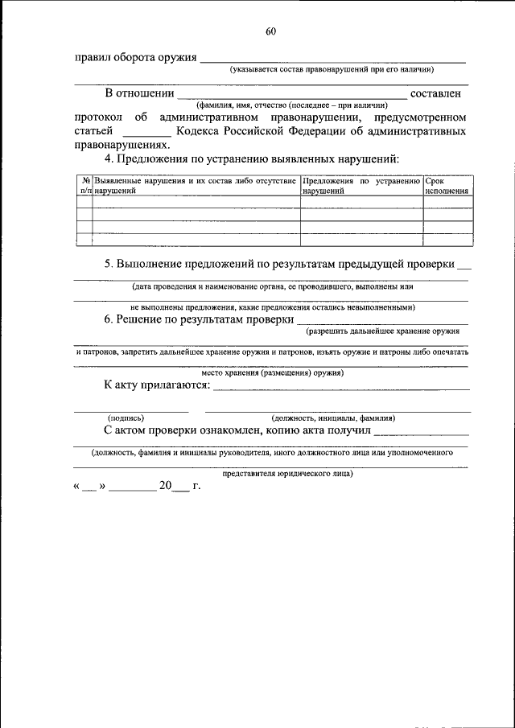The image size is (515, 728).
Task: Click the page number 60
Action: (x=270, y=32)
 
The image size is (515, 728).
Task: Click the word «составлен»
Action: (x=439, y=94)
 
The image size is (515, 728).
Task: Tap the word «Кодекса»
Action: (x=203, y=130)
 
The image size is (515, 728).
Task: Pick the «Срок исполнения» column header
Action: (x=447, y=187)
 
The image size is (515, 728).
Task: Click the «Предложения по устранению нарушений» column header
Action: (x=361, y=187)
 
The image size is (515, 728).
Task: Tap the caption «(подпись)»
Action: (x=126, y=418)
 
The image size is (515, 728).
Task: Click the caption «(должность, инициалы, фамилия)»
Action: (x=333, y=418)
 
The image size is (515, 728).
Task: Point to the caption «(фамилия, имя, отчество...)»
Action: (x=291, y=105)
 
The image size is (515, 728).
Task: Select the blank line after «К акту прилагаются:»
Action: (x=341, y=387)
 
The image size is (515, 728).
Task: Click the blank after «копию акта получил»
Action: (x=422, y=432)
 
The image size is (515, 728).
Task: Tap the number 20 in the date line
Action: (x=166, y=487)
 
